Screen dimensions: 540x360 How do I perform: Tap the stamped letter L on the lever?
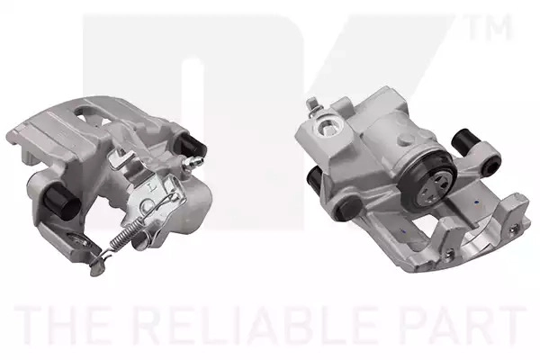150,186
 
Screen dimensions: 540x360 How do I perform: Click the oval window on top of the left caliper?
88,112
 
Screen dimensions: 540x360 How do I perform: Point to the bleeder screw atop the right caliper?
313,105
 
